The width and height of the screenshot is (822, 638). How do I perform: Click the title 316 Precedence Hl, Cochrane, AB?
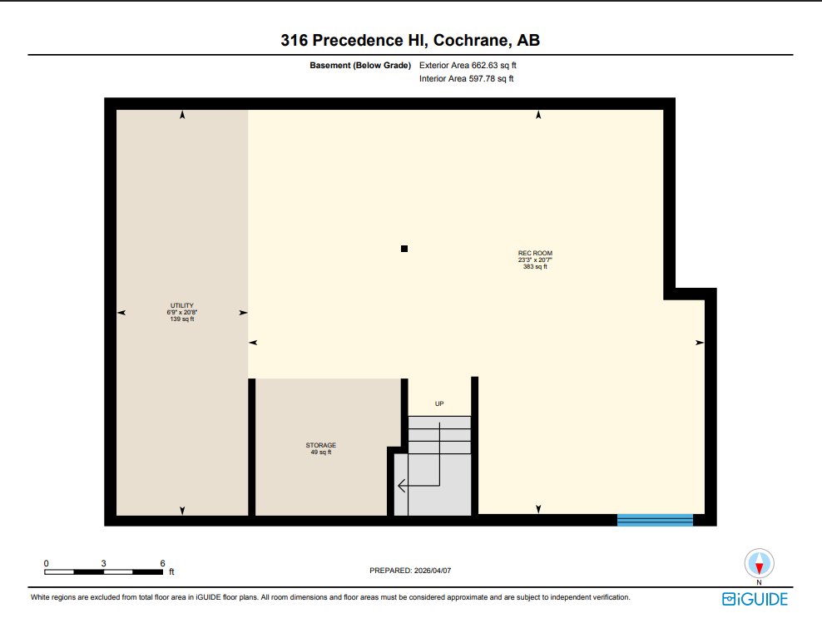pyautogui.click(x=410, y=40)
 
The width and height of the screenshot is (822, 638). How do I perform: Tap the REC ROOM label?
pyautogui.click(x=535, y=253)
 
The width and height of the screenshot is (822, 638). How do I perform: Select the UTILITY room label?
pyautogui.click(x=182, y=305)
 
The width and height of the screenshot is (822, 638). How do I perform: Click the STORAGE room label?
pyautogui.click(x=320, y=445)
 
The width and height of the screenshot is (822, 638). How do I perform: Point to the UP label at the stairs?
pyautogui.click(x=439, y=403)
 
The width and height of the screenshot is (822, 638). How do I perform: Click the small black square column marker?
pyautogui.click(x=404, y=248)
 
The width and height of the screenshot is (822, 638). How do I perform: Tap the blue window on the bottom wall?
pyautogui.click(x=655, y=520)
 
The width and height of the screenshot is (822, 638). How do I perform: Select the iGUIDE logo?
pyautogui.click(x=755, y=599)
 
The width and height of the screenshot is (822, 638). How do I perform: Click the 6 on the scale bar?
pyautogui.click(x=163, y=563)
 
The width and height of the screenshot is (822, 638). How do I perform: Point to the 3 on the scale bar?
pyautogui.click(x=104, y=563)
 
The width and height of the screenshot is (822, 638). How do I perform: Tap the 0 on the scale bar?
pyautogui.click(x=47, y=563)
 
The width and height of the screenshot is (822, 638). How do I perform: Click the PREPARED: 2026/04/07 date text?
pyautogui.click(x=410, y=571)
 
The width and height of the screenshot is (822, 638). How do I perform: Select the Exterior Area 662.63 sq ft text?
pyautogui.click(x=473, y=65)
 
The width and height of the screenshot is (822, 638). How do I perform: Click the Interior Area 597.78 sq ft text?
pyautogui.click(x=467, y=79)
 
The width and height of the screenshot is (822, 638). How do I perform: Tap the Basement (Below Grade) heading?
pyautogui.click(x=360, y=65)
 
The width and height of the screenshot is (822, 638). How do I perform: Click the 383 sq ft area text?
pyautogui.click(x=535, y=267)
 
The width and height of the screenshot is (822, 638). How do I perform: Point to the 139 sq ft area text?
pyautogui.click(x=182, y=319)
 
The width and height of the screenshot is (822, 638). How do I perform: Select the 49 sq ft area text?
pyautogui.click(x=320, y=453)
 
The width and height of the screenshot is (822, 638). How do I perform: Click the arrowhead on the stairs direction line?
pyautogui.click(x=401, y=485)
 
